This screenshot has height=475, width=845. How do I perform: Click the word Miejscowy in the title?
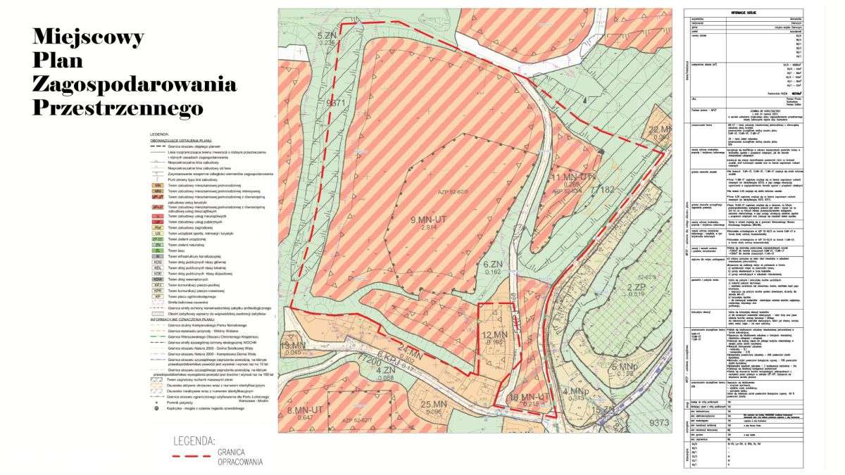point(88,36)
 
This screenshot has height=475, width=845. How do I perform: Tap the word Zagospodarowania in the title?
point(134,84)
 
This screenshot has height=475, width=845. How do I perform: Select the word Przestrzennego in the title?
point(118,108)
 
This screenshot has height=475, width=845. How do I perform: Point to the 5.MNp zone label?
point(625,367)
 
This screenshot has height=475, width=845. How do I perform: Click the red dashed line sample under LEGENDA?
point(192,456)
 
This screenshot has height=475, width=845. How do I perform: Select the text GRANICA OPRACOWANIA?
point(239,457)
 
